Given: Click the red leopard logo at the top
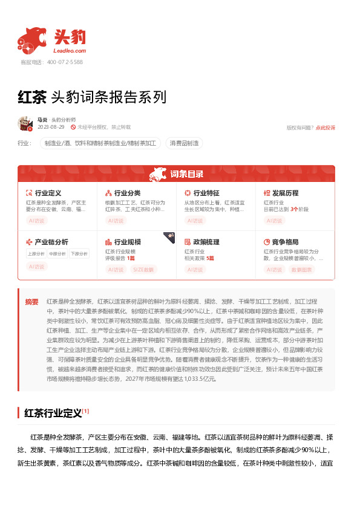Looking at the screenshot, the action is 33,39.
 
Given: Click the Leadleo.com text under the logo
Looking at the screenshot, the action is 70,51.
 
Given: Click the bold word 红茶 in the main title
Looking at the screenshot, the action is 32,97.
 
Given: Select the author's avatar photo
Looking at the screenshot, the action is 25,123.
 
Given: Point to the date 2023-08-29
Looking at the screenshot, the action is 51,128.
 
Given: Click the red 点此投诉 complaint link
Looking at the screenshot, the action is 325,128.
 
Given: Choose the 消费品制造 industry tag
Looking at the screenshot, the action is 184,143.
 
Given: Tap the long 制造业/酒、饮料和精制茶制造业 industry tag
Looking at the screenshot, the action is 100,143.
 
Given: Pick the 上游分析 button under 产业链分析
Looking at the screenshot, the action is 36,253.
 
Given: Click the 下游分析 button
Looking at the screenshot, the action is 79,253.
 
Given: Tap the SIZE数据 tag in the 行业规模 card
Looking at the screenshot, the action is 145,270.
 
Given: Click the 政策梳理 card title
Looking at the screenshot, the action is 206,242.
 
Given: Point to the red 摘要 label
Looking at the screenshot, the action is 32,301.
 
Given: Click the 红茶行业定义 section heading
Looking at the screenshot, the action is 53,413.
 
